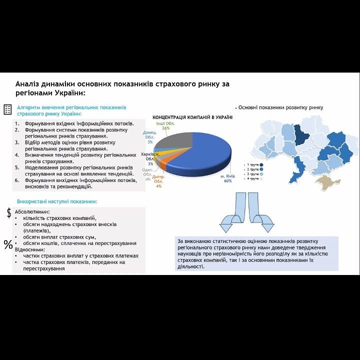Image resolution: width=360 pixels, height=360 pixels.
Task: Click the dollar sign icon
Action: pos(9,212)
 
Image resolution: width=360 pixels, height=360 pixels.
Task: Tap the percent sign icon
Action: pos(8,244)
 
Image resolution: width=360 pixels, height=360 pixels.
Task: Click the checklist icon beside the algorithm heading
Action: pos(8,109)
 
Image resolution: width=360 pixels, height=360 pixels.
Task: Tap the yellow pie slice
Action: pos(159,148)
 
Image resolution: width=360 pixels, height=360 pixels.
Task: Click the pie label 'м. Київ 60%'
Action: pos(227,178)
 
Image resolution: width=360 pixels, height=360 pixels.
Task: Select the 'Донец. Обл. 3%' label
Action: pos(149,137)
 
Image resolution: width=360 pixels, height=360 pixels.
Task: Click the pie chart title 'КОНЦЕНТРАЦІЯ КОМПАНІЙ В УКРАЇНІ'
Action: pos(192,117)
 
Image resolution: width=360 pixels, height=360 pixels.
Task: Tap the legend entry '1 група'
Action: pos(252,164)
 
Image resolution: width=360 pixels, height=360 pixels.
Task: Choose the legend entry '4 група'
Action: pos(252,178)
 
